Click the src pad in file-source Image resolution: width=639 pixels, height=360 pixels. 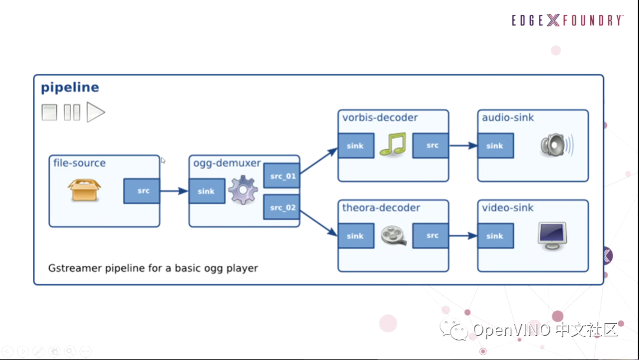[x=142, y=191]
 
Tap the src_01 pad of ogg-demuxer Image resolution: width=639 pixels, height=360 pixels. [x=282, y=176]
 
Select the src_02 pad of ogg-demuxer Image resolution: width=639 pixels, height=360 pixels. [x=282, y=207]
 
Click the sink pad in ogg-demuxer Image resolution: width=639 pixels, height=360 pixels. [x=206, y=191]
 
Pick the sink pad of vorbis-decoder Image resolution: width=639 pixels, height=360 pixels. [x=356, y=146]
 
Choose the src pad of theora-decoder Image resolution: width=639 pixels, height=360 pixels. [x=430, y=236]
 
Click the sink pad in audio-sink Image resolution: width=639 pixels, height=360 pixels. [x=496, y=146]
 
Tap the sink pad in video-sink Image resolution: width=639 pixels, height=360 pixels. [x=496, y=236]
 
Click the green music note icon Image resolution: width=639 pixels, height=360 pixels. [x=393, y=144]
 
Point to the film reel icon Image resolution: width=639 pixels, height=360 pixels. [x=393, y=235]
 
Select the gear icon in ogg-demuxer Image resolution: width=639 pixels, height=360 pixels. [x=243, y=189]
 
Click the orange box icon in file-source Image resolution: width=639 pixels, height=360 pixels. [x=85, y=190]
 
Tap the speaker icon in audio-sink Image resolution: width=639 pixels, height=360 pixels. [x=557, y=145]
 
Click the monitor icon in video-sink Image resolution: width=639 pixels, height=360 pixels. [x=552, y=236]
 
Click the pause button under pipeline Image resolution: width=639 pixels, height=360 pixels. [x=72, y=112]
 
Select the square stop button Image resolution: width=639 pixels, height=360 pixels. [x=49, y=112]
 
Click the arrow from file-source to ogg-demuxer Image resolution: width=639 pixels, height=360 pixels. [x=175, y=191]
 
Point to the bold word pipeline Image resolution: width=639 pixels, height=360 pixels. [x=70, y=88]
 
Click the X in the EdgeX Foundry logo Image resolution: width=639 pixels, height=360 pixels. [x=553, y=20]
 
